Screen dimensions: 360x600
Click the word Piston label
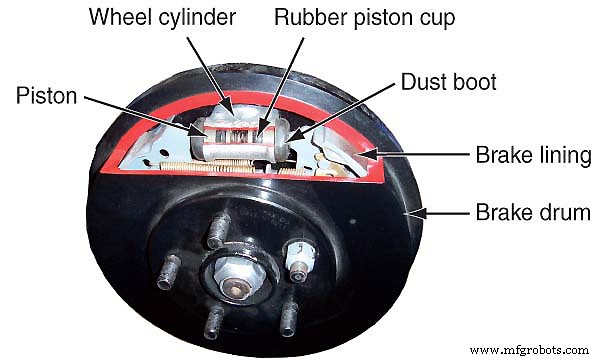point(47,96)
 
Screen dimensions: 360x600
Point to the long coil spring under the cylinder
point(240,166)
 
